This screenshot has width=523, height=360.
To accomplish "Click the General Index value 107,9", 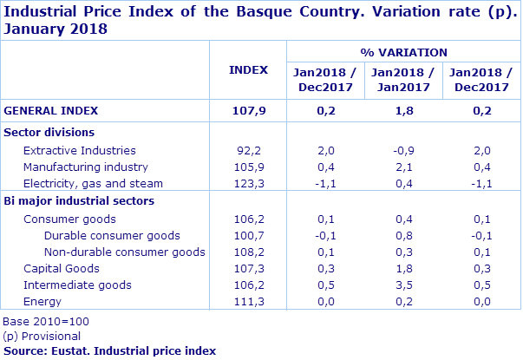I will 248,110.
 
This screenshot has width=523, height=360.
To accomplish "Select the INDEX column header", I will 248,69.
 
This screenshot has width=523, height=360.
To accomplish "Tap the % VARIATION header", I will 403,52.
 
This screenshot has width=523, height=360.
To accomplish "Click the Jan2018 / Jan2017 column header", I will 403,80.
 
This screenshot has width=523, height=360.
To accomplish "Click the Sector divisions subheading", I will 49,132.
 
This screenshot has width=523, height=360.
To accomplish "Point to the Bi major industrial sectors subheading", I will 79,200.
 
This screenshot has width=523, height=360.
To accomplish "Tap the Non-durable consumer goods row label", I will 124,252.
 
